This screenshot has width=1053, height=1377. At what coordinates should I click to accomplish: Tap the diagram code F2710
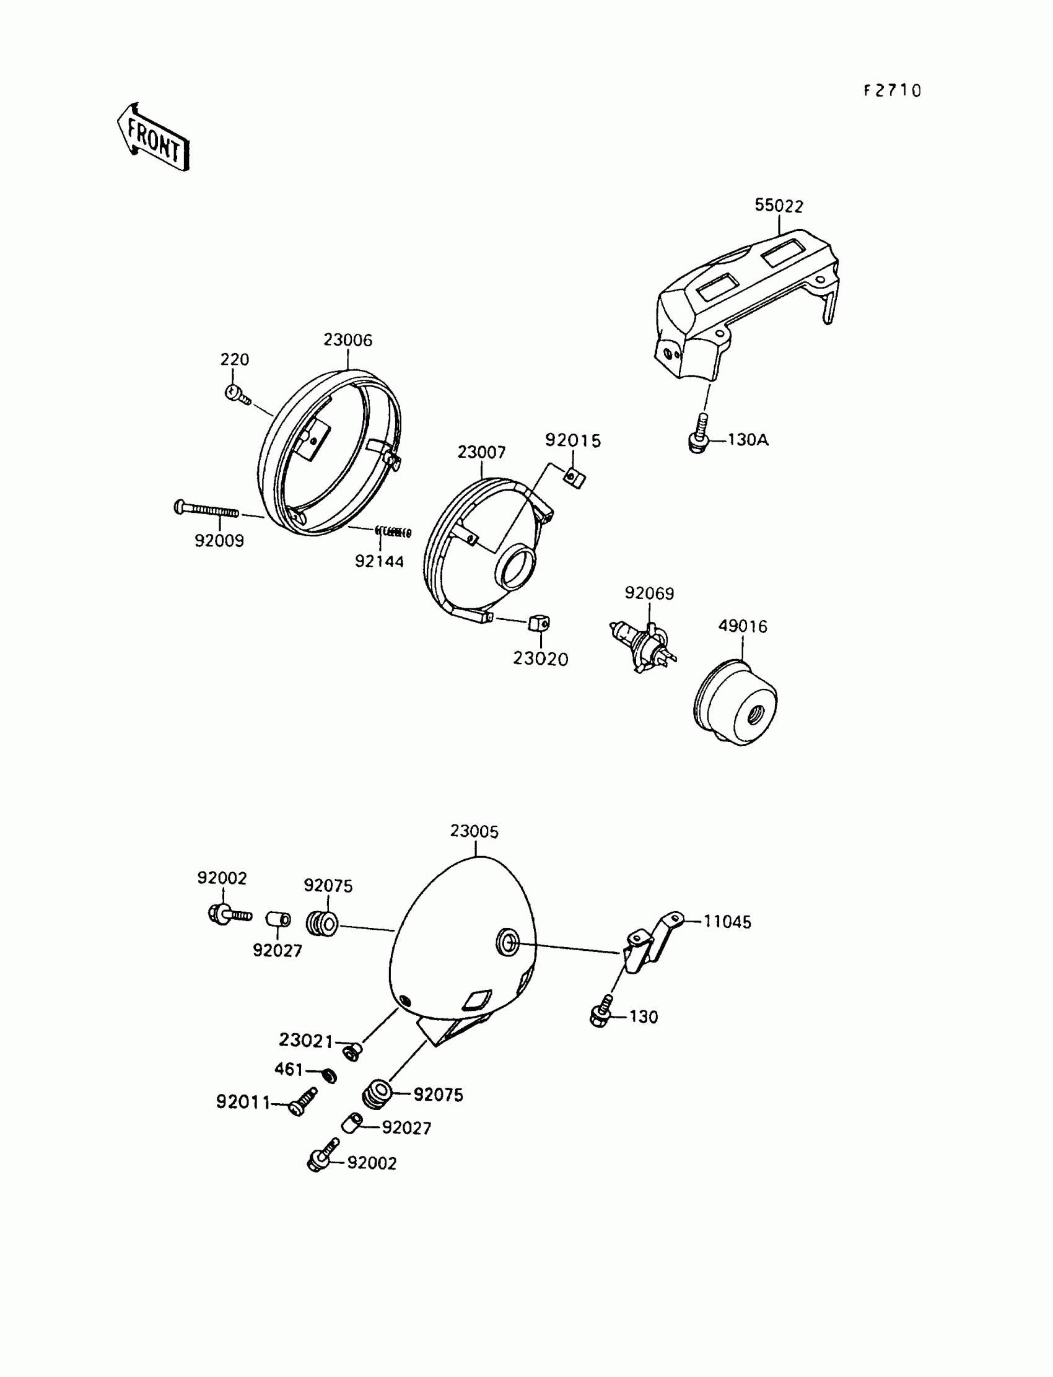click(x=893, y=91)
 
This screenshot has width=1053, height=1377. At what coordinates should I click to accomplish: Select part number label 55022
click(x=779, y=206)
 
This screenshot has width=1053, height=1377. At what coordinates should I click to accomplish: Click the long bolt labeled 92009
click(x=206, y=509)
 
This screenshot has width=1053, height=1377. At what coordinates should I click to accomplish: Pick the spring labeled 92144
click(x=393, y=532)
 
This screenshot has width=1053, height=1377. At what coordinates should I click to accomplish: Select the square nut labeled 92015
click(x=575, y=478)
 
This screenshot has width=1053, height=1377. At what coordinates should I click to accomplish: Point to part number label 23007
click(x=481, y=452)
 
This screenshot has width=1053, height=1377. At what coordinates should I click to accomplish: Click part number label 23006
click(x=348, y=340)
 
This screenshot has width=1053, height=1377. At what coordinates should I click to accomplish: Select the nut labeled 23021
click(x=354, y=1051)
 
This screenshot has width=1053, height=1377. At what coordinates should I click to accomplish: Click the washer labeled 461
click(x=328, y=1076)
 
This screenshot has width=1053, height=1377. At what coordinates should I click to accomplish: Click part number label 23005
click(x=474, y=832)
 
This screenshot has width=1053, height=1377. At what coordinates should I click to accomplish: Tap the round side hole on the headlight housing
click(x=507, y=942)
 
